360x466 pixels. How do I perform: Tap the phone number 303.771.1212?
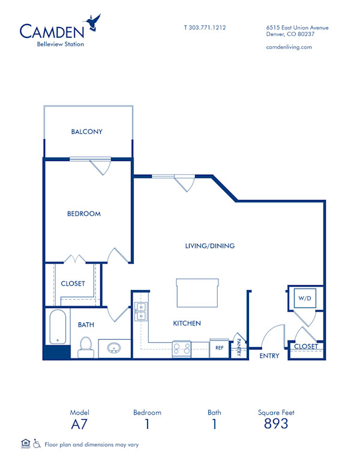pyautogui.click(x=205, y=28)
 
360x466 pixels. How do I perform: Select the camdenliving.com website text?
pyautogui.click(x=288, y=47)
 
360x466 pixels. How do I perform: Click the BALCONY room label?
pyautogui.click(x=87, y=132)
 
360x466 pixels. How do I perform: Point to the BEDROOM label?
pyautogui.click(x=83, y=214)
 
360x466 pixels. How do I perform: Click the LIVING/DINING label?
pyautogui.click(x=209, y=246)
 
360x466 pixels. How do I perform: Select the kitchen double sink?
pyautogui.click(x=142, y=312)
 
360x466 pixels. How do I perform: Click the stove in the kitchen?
pyautogui.click(x=181, y=348)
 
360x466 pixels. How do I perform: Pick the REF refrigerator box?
pyautogui.click(x=220, y=348)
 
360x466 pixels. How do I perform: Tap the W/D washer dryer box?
pyautogui.click(x=303, y=297)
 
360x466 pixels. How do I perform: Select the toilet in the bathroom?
pyautogui.click(x=85, y=346)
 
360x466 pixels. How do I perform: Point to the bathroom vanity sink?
pyautogui.click(x=114, y=348)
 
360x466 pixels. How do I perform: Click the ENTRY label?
pyautogui.click(x=269, y=356)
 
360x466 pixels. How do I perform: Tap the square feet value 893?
pyautogui.click(x=276, y=424)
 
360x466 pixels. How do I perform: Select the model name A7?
pyautogui.click(x=79, y=424)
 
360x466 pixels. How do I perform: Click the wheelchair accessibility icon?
pyautogui.click(x=37, y=444)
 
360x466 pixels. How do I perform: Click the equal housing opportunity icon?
pyautogui.click(x=25, y=444)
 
